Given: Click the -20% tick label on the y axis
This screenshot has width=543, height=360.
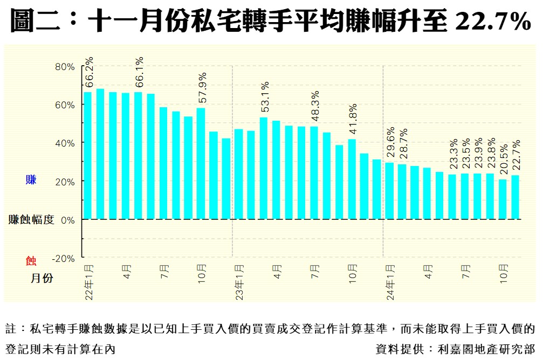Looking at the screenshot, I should pos(64,258).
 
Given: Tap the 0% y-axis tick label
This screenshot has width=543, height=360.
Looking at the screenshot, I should pos(67,220).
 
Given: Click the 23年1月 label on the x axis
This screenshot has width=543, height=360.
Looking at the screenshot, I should pos(239,281).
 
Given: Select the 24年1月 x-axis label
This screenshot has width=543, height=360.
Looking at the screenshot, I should pos(390,281).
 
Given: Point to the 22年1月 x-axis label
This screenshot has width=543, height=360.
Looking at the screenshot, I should pos(88,281).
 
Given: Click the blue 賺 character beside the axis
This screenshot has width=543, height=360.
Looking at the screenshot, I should pos(31,180).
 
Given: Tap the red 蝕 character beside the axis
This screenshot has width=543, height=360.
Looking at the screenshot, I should pos(31,261).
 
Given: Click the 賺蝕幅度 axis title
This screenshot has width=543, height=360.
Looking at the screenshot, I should pos(31,220).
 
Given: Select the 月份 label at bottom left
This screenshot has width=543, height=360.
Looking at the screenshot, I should pos(42,279).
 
